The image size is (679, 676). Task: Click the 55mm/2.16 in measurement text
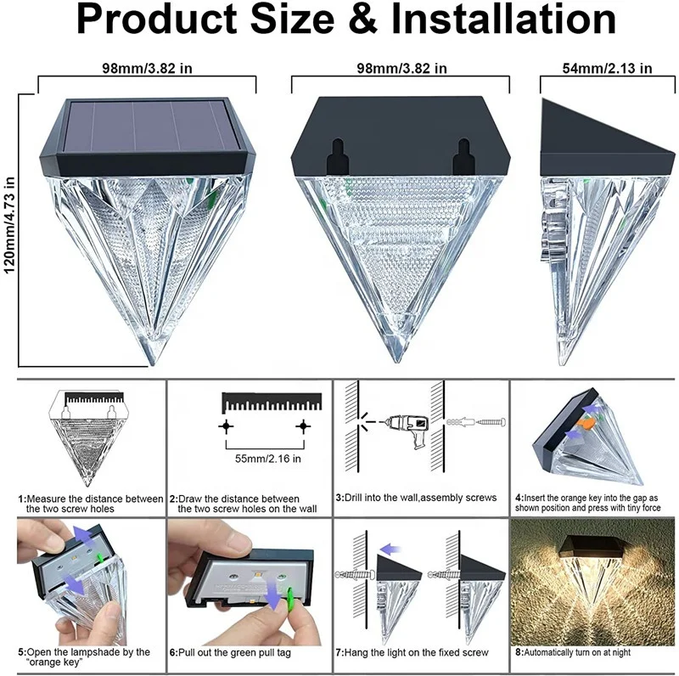265,459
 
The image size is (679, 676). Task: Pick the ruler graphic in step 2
272,401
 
